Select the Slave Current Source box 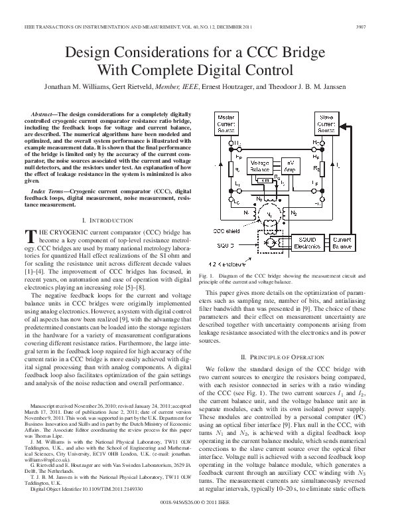(x=326, y=123)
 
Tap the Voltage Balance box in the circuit (x=259, y=166)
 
